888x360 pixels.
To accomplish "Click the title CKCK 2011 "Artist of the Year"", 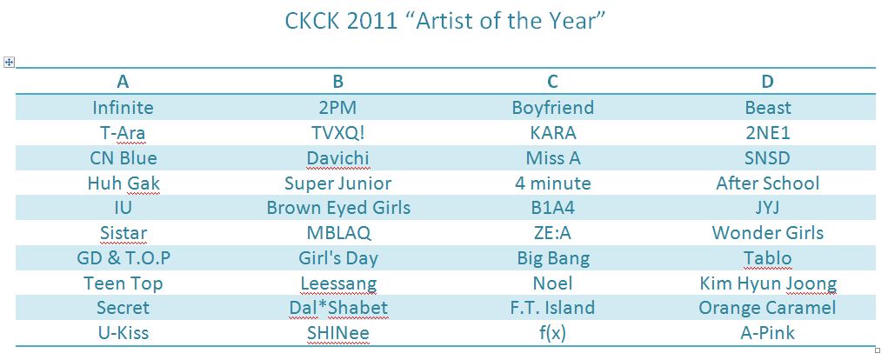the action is point(444,22).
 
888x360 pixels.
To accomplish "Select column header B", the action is point(338,82).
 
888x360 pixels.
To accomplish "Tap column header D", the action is point(767,82).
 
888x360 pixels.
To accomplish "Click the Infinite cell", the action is point(123,108).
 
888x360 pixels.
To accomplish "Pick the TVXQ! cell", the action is point(338,132).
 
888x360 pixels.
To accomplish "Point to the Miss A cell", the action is point(553,158).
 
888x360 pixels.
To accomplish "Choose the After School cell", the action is point(767,183).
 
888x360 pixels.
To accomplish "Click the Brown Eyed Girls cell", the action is point(338,209).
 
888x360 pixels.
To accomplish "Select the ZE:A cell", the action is point(553,233).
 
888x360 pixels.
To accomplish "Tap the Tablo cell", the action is point(767,258).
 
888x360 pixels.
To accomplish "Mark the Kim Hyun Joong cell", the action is point(768,283).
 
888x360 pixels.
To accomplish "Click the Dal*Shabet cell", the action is point(338,309).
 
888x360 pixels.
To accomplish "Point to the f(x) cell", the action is point(553,334).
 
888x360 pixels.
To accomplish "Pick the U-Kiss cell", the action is point(123,333).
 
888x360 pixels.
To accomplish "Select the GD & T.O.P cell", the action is point(123,258).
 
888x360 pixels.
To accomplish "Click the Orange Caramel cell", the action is point(767,309).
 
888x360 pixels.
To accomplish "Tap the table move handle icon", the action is point(9,63).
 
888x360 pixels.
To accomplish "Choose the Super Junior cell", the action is point(338,183).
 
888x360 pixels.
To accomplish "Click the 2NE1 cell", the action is point(767,132).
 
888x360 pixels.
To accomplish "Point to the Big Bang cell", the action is point(553,259).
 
